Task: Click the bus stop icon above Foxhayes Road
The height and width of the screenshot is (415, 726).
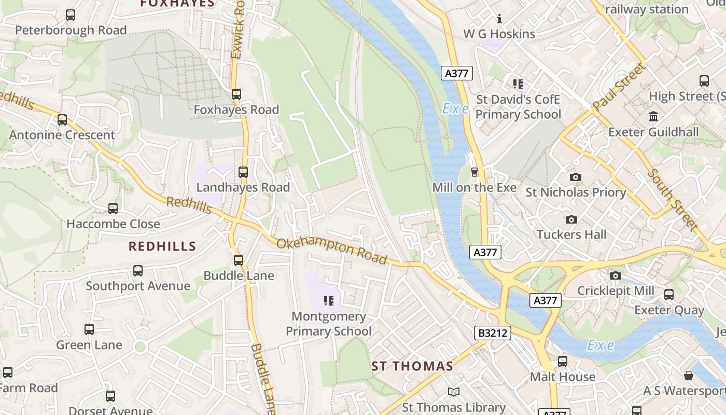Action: click(x=236, y=94)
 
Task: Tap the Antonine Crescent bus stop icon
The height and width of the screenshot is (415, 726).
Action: click(x=62, y=120)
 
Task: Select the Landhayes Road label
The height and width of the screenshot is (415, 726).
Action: click(x=243, y=188)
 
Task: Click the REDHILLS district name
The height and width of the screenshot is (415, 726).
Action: click(x=162, y=246)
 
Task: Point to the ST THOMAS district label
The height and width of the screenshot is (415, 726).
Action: click(x=412, y=366)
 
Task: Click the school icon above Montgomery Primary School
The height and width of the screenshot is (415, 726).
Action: click(x=328, y=301)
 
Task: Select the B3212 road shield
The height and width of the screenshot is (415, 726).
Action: click(x=493, y=333)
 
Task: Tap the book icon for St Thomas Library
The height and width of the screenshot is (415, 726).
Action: click(x=454, y=392)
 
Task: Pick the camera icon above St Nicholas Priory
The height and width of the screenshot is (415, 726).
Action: click(x=575, y=177)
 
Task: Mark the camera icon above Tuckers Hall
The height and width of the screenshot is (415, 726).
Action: click(x=571, y=219)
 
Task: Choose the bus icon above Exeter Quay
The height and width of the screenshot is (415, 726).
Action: click(x=669, y=295)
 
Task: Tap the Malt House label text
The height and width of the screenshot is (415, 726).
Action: click(x=563, y=377)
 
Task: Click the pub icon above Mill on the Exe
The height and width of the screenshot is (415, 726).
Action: click(x=474, y=172)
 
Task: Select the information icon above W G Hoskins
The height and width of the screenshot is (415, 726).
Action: click(x=499, y=19)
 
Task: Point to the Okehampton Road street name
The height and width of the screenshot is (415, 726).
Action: click(x=332, y=251)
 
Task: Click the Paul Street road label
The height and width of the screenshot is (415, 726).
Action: click(x=619, y=87)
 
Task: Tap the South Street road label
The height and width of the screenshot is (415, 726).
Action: click(x=672, y=199)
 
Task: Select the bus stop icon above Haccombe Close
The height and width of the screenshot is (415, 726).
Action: click(x=113, y=209)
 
